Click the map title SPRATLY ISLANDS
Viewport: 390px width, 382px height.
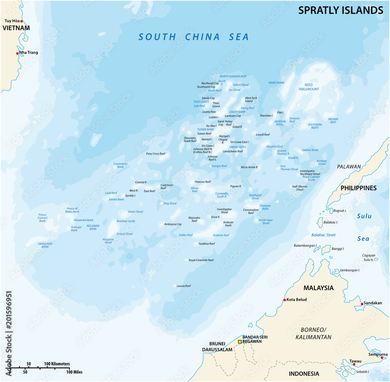tap(340, 11)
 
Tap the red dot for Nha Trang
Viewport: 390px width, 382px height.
tap(18, 53)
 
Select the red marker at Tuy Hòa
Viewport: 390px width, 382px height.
tap(22, 21)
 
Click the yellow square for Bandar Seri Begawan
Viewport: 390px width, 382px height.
tap(240, 341)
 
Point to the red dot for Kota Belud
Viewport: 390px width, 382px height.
tap(284, 300)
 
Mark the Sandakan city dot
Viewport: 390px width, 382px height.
tap(362, 303)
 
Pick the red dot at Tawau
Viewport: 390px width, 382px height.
tap(354, 364)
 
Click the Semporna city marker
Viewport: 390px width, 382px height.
tap(386, 357)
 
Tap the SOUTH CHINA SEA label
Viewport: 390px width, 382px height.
tap(194, 37)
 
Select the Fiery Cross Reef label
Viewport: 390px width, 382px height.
tap(156, 154)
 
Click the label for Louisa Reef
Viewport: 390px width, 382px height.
tap(183, 286)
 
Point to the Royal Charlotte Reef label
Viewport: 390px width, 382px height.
tap(201, 260)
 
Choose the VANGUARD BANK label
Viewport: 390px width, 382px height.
tap(45, 245)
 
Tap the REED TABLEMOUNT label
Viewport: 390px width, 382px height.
tap(309, 87)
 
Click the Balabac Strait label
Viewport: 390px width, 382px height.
tap(323, 235)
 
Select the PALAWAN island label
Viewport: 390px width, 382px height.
tap(349, 167)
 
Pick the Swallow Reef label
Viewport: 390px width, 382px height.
tap(207, 244)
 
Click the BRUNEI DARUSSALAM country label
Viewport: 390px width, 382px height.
tap(217, 347)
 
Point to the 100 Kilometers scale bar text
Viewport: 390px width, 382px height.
tap(57, 363)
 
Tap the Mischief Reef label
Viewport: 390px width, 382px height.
tap(275, 147)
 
